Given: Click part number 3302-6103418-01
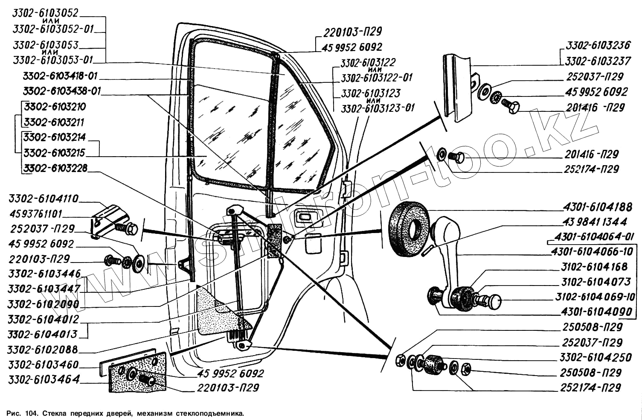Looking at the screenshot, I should pos(61,76).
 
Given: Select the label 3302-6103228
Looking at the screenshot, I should pos(55,168).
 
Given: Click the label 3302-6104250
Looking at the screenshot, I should pos(596,357).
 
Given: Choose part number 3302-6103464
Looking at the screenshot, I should pos(44,379).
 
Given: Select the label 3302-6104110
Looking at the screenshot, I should pos(44,198).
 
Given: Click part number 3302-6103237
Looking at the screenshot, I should pos(598,61).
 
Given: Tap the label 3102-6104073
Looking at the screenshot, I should pos(596,282).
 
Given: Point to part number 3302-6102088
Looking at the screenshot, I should pos(43,350).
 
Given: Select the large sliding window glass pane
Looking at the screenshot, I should pos(230,137).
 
